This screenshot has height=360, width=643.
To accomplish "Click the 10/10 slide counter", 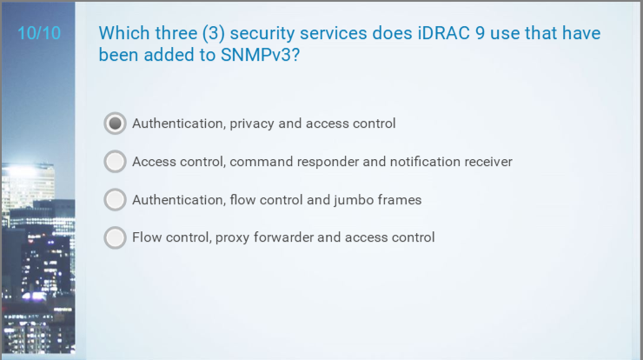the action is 39,33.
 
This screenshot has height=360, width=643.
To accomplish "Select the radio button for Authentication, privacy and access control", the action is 115,123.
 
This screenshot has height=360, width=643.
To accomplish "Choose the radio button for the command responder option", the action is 115,162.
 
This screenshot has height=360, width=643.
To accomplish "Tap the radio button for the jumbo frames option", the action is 115,199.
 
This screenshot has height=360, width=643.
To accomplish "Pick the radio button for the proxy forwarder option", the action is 115,237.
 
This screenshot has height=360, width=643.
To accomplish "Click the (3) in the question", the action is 213,33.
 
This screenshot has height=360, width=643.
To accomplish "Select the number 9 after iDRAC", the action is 480,33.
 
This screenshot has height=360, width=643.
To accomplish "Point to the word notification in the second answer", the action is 425,162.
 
